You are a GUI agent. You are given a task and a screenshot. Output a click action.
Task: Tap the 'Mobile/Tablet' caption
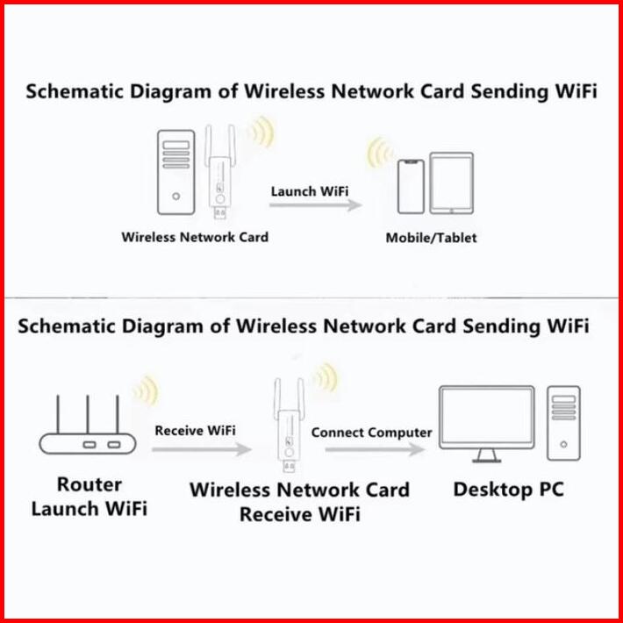432,238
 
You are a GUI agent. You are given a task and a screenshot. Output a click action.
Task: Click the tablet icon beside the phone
451,183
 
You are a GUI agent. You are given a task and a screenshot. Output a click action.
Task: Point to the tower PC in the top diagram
176,173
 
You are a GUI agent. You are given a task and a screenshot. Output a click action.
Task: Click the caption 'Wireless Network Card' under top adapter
195,237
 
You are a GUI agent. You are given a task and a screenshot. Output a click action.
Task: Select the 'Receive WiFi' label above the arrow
195,431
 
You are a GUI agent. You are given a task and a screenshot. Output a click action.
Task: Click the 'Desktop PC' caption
508,489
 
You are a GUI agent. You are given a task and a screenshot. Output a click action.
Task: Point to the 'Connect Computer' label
371,433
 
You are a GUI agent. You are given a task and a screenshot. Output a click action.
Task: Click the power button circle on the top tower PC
176,197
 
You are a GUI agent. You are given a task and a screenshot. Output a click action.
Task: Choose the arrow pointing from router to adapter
200,448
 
